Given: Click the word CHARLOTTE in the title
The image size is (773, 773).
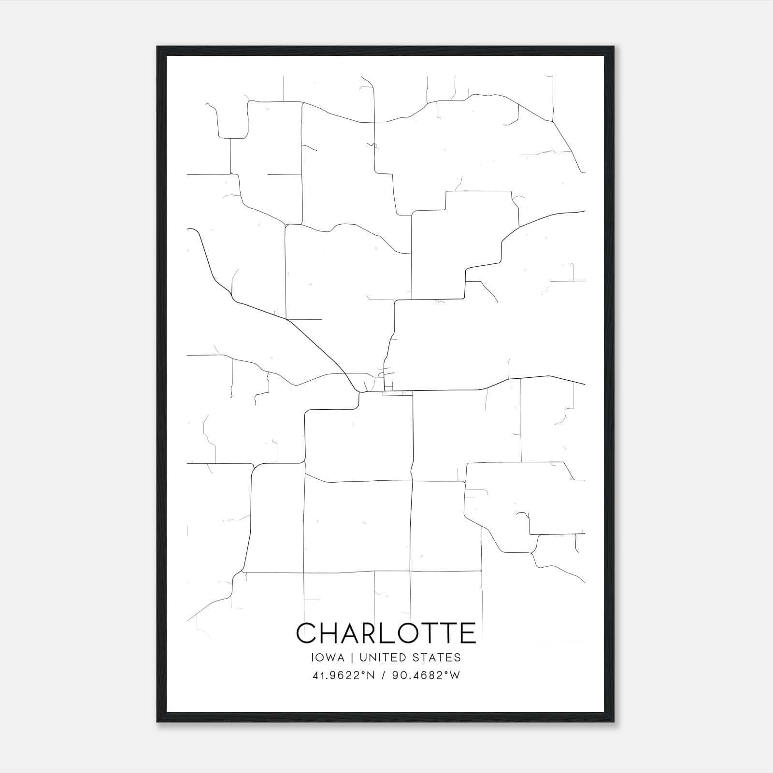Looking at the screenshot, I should pyautogui.click(x=386, y=633).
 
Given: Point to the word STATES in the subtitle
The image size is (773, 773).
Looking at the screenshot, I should pyautogui.click(x=437, y=658).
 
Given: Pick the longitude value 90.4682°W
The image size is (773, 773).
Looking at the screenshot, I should pyautogui.click(x=425, y=675).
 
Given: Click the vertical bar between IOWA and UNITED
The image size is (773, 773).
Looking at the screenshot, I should pyautogui.click(x=352, y=658).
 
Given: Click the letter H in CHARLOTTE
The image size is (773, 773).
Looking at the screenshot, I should pyautogui.click(x=332, y=633).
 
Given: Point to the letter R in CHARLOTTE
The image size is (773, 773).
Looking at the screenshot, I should pyautogui.click(x=378, y=633).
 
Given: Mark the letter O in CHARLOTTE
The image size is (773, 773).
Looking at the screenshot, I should pyautogui.click(x=418, y=633).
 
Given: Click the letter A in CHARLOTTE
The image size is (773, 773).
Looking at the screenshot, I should pyautogui.click(x=355, y=633).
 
